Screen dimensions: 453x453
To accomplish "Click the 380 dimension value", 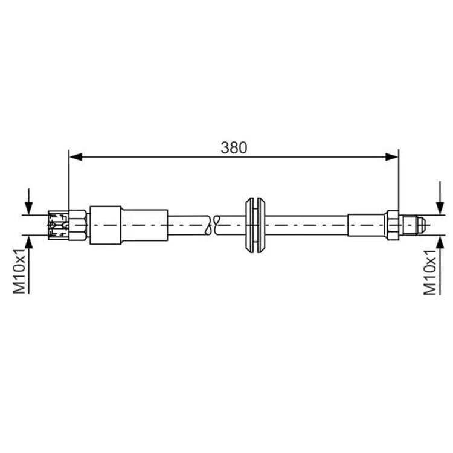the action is [234, 147].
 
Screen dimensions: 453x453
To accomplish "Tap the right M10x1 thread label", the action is [429, 272].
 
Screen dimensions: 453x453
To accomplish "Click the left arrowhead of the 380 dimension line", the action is [76, 157].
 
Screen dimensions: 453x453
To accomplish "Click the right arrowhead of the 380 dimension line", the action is [392, 157].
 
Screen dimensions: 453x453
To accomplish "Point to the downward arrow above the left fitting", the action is [28, 202].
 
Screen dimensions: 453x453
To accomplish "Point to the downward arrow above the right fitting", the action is [440, 198].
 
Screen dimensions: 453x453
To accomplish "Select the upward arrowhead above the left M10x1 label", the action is [28, 242].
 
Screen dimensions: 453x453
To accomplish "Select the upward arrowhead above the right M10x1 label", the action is [440, 242].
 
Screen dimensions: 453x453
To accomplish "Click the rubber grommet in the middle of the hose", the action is [255, 225].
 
